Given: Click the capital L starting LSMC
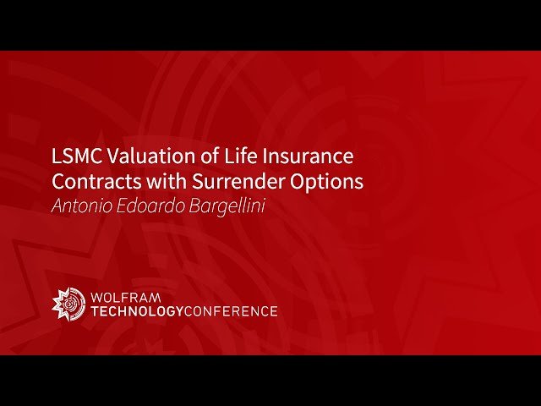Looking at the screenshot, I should point(57,156).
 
